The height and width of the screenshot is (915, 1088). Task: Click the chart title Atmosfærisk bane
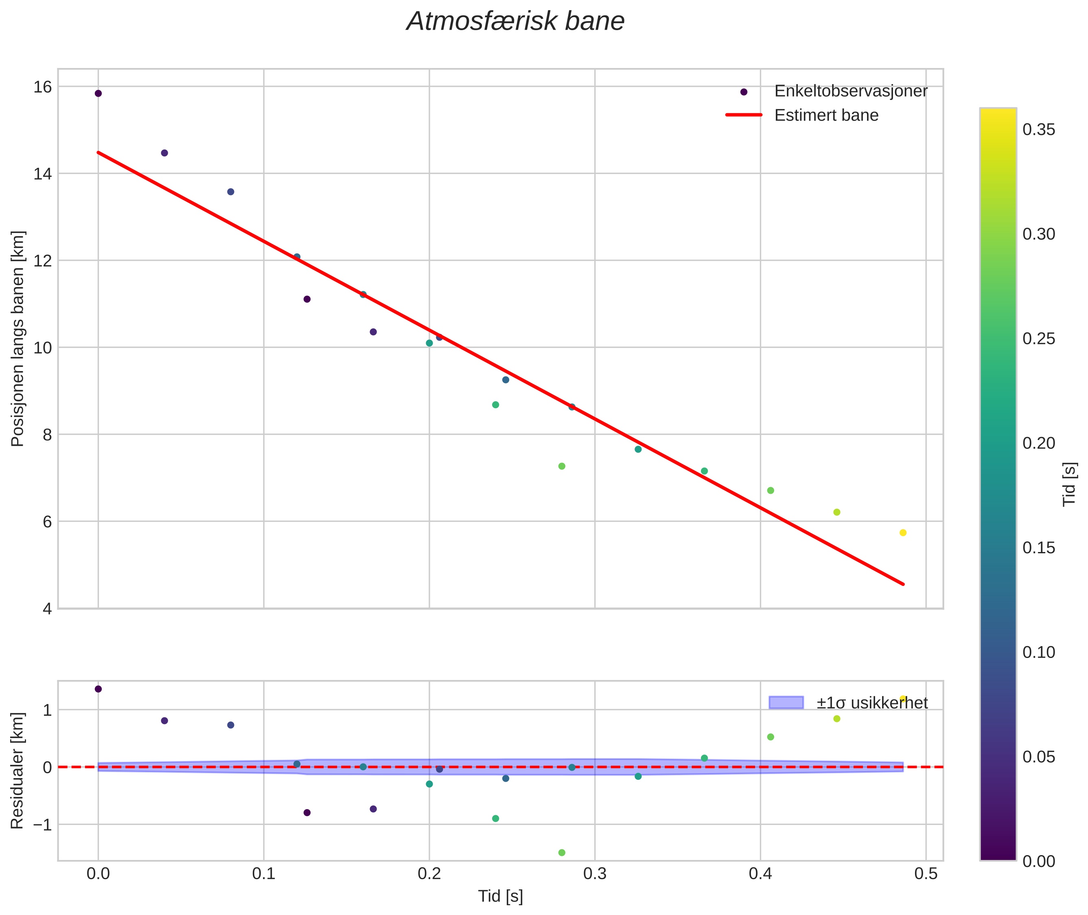[x=515, y=22]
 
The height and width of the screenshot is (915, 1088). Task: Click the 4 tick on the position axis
[x=47, y=609]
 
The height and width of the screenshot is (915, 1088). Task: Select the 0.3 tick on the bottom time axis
[x=595, y=874]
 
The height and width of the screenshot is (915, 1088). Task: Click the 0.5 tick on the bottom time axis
[x=926, y=874]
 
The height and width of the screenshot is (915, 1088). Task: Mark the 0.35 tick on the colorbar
[x=1039, y=130]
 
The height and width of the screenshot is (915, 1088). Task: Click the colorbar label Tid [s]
[x=1069, y=484]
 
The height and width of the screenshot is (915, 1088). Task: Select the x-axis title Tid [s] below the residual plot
[x=500, y=896]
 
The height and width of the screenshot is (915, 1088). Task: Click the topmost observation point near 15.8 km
[x=99, y=93]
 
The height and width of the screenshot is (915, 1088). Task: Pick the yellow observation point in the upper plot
[x=903, y=533]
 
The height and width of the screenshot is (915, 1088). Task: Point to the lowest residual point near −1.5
[x=561, y=853]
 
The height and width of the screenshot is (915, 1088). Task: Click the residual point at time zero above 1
[x=99, y=689]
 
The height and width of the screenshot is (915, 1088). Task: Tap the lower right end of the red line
[x=903, y=584]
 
